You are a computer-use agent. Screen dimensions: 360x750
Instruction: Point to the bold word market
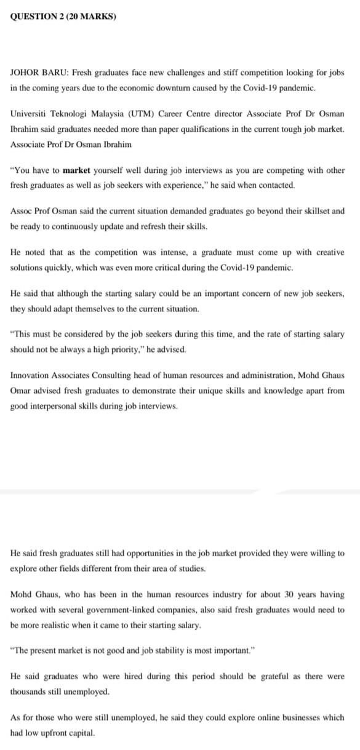pyautogui.click(x=76, y=170)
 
